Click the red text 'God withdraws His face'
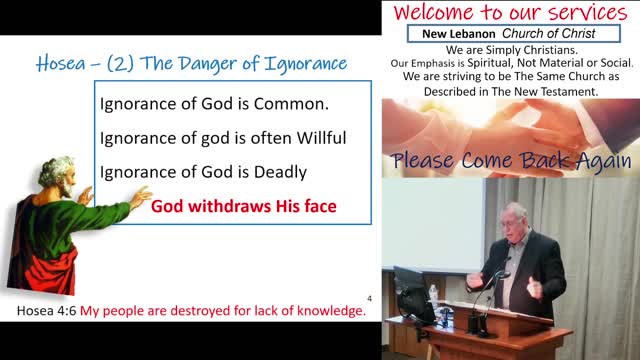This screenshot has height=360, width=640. [x=243, y=208]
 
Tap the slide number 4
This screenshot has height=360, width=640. [x=369, y=297]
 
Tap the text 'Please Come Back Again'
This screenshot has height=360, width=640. [x=511, y=161]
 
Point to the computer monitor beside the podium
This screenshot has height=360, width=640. [x=411, y=290]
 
